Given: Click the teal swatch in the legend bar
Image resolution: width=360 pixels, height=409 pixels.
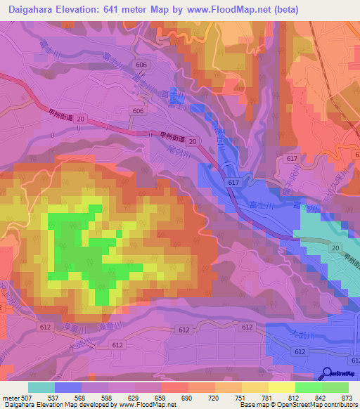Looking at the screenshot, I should point(41,387).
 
